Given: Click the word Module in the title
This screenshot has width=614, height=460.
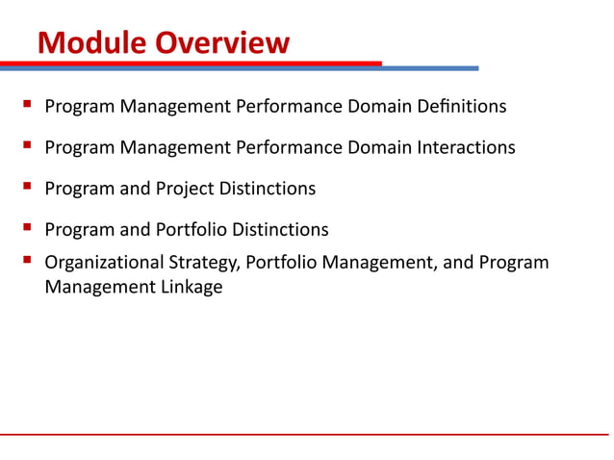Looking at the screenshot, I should pyautogui.click(x=84, y=43).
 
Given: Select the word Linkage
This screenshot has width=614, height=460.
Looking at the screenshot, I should pyautogui.click(x=190, y=287).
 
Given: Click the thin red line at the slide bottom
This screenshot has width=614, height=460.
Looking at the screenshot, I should pyautogui.click(x=307, y=434).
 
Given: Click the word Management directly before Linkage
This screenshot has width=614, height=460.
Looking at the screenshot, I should pyautogui.click(x=97, y=287).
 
